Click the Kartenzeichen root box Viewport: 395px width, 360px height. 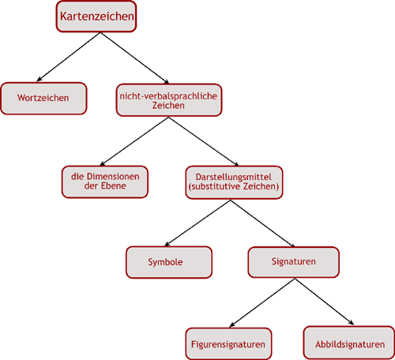point(96,17)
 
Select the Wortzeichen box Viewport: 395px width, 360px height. point(43,99)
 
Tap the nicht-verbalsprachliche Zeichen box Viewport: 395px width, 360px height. point(169,100)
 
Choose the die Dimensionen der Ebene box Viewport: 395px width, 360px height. point(105,182)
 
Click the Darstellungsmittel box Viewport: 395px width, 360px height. point(234,182)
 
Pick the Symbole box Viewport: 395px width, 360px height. point(169,262)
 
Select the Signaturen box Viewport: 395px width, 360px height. point(294,262)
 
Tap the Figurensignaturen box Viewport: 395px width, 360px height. point(228,343)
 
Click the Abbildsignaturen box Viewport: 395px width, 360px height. point(349,343)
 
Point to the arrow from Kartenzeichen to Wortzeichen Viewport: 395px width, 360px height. point(69,57)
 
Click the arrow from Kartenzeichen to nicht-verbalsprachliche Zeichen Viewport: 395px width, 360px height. point(134,58)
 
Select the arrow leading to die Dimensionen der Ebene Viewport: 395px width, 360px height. point(134,141)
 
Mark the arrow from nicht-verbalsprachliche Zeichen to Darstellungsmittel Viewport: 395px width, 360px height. point(204,141)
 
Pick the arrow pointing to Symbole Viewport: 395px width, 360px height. point(197,223)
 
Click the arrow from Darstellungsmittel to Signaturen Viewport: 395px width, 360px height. point(262,223)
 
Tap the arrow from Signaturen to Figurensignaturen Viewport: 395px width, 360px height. point(262,302)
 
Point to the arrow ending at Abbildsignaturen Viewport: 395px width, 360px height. point(325,302)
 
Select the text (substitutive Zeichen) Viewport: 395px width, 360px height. point(234,186)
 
